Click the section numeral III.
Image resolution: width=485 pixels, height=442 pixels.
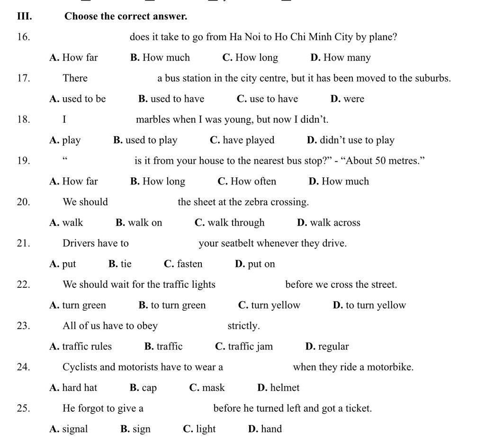tap(24, 16)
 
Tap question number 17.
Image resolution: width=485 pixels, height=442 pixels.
tap(23, 78)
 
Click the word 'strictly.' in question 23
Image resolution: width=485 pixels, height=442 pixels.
tap(243, 326)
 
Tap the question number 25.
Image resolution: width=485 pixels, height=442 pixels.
tap(23, 408)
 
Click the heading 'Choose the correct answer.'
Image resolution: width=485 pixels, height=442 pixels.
tap(126, 16)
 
